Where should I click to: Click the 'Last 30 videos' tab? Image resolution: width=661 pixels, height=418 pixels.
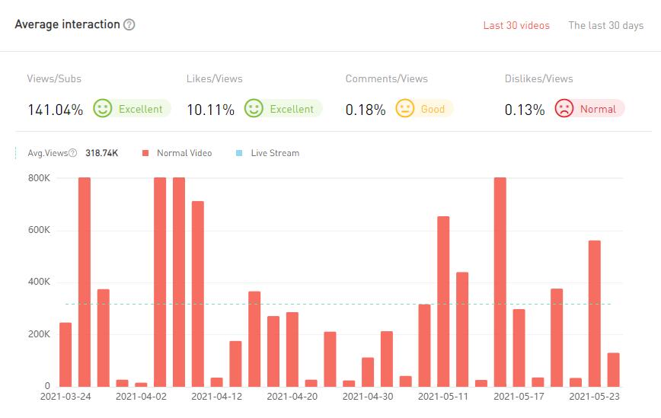tap(516, 25)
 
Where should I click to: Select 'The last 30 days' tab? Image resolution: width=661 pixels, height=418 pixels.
tap(605, 25)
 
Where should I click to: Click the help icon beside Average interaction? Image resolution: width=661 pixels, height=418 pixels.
tap(129, 24)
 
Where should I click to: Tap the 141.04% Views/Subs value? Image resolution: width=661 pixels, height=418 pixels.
tap(55, 110)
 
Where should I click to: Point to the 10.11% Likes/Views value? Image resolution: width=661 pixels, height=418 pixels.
tap(210, 110)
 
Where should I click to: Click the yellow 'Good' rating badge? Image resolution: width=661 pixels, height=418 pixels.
tap(423, 109)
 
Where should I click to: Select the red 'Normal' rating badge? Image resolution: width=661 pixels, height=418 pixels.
tap(589, 109)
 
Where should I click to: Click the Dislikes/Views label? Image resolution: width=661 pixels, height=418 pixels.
tap(538, 78)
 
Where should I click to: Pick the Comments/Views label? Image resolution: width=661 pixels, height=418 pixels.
tap(386, 78)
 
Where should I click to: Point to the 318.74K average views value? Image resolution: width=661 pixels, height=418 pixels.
tap(101, 153)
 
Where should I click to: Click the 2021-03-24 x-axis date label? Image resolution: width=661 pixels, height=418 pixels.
tap(65, 397)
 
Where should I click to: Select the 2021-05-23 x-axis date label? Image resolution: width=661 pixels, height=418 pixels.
tap(595, 397)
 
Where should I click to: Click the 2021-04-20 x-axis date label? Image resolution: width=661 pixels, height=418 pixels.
tap(292, 397)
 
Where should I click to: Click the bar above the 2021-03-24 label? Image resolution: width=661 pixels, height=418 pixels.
tap(65, 354)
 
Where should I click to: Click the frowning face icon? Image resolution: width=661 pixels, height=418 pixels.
tap(564, 109)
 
